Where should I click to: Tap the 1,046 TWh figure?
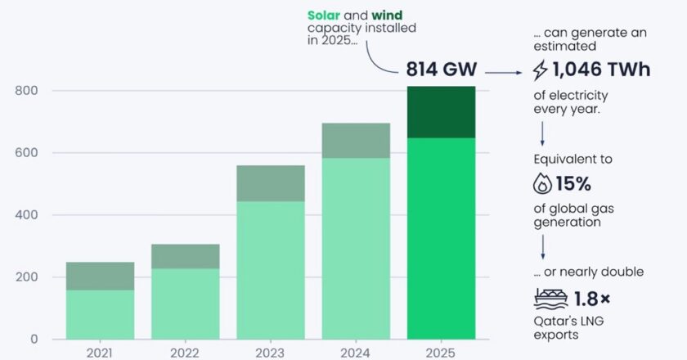601,70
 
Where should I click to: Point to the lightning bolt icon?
541,71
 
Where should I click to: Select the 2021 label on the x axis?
100,352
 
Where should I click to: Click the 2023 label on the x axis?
270,352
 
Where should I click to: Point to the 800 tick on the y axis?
28,91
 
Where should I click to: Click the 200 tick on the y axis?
28,277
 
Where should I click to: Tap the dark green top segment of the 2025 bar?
441,112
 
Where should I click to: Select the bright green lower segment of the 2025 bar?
441,237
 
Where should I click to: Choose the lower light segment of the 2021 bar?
100,314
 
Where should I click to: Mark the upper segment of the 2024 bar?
355,140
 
